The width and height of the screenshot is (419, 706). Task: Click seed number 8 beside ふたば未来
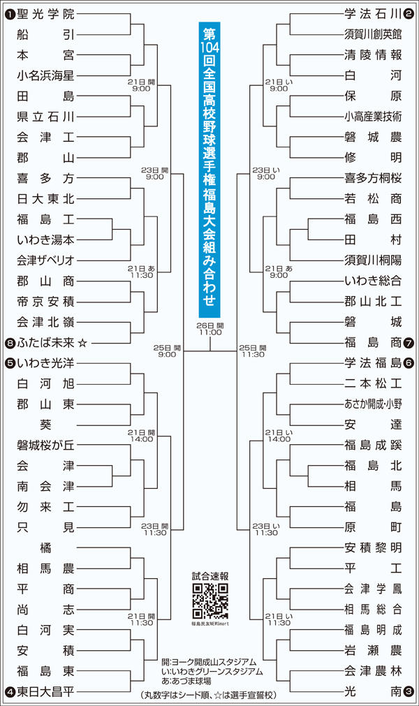(x=10, y=342)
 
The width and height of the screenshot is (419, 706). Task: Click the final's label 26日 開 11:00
(x=210, y=329)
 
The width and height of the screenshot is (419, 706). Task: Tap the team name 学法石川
(x=374, y=13)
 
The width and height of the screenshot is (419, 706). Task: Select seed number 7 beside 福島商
(x=409, y=342)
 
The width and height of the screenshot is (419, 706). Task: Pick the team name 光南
(x=374, y=691)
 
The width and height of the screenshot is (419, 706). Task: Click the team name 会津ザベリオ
(x=45, y=260)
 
